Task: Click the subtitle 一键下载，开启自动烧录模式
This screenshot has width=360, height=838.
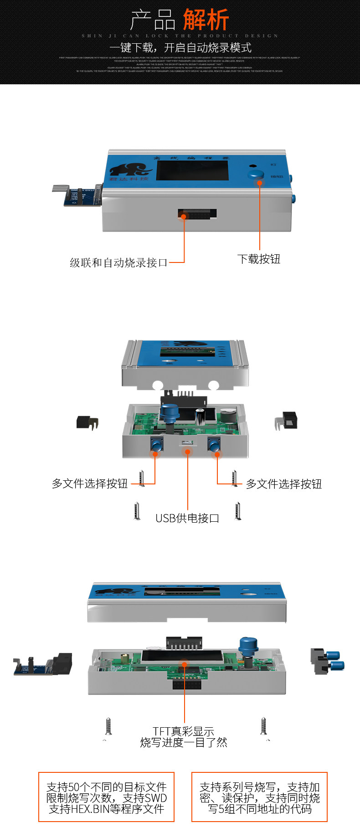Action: point(180,47)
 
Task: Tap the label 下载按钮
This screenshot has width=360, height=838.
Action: point(259,259)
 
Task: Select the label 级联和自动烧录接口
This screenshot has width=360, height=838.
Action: point(118,262)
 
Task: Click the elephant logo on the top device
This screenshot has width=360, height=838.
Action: point(130,170)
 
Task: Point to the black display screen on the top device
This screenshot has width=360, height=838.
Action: point(192,170)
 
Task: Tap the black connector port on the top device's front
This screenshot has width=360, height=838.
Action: point(197,213)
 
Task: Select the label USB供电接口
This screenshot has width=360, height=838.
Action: point(187,518)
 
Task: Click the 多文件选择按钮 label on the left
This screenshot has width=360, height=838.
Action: point(90,483)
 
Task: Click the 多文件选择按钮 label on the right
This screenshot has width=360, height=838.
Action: point(284,484)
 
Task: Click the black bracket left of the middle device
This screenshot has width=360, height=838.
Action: point(87,422)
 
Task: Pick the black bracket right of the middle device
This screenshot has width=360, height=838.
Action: point(286,421)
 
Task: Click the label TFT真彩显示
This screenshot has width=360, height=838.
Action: point(184,731)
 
